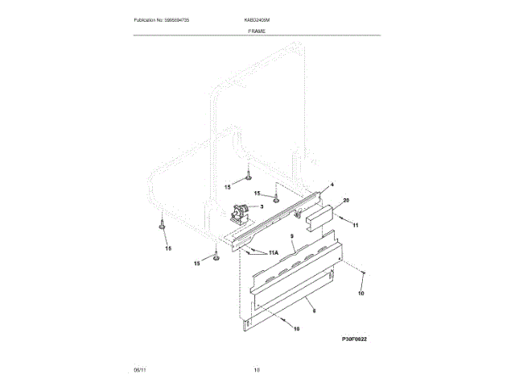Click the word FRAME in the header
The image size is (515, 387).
[257, 29]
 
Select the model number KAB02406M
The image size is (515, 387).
[257, 19]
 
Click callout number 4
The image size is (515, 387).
[332, 185]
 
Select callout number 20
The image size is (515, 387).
[346, 200]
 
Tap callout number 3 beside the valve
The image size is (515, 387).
[261, 206]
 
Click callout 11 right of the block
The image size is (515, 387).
[356, 223]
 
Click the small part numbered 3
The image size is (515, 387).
[239, 214]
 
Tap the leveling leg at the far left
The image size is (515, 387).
[163, 224]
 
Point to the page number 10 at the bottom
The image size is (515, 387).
[257, 370]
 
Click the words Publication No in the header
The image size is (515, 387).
[150, 19]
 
